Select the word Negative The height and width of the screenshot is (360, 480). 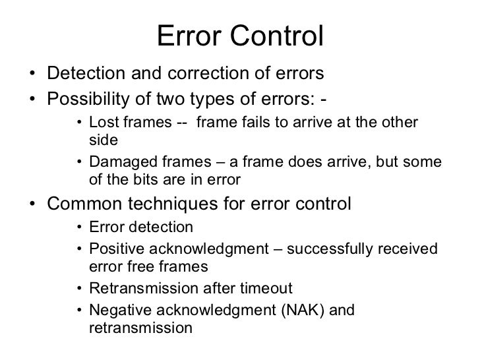[117, 309]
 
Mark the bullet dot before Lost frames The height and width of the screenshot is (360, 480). [79, 123]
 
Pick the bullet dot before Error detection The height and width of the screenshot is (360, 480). [79, 228]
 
